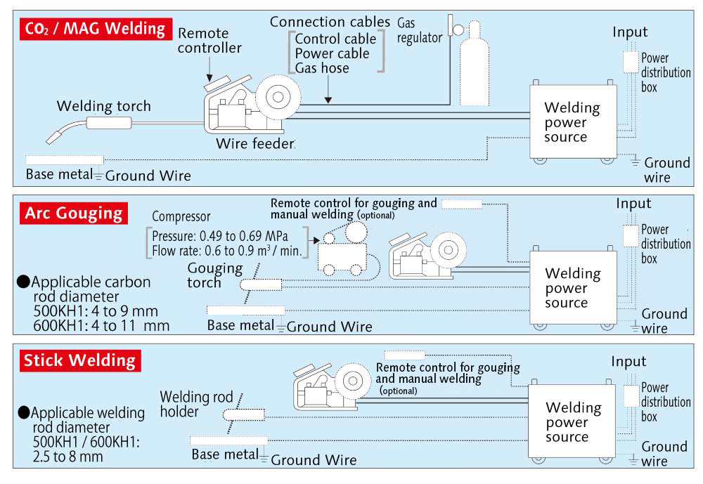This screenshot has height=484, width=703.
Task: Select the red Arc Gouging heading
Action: pos(73,213)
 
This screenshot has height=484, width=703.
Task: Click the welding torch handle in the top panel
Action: pos(109,124)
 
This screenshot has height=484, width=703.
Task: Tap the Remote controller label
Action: pos(209,40)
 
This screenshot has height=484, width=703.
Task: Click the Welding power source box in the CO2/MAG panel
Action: pos(573,121)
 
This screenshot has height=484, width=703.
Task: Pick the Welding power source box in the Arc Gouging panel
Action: pos(573,287)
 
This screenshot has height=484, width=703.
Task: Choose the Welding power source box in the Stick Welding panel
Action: pos(573,421)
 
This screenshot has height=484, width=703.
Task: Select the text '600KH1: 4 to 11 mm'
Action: pos(101,325)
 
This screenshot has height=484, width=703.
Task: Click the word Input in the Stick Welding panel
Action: pos(628,361)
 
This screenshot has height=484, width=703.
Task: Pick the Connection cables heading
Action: pos(330,22)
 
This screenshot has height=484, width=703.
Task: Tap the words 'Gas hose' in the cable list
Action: pos(322,68)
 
